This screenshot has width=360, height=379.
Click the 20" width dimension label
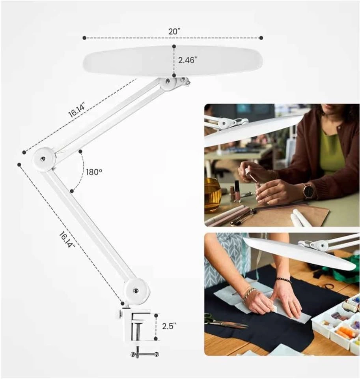point(174,32)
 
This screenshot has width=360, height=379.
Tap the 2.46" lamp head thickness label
point(188,60)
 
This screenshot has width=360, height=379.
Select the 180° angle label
point(94,172)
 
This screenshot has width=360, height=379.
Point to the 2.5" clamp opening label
point(169,326)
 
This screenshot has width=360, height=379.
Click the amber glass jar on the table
point(213,195)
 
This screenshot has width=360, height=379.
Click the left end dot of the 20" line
point(84,38)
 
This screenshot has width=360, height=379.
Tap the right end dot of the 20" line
point(261,38)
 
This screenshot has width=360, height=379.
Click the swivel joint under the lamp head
point(174,83)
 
